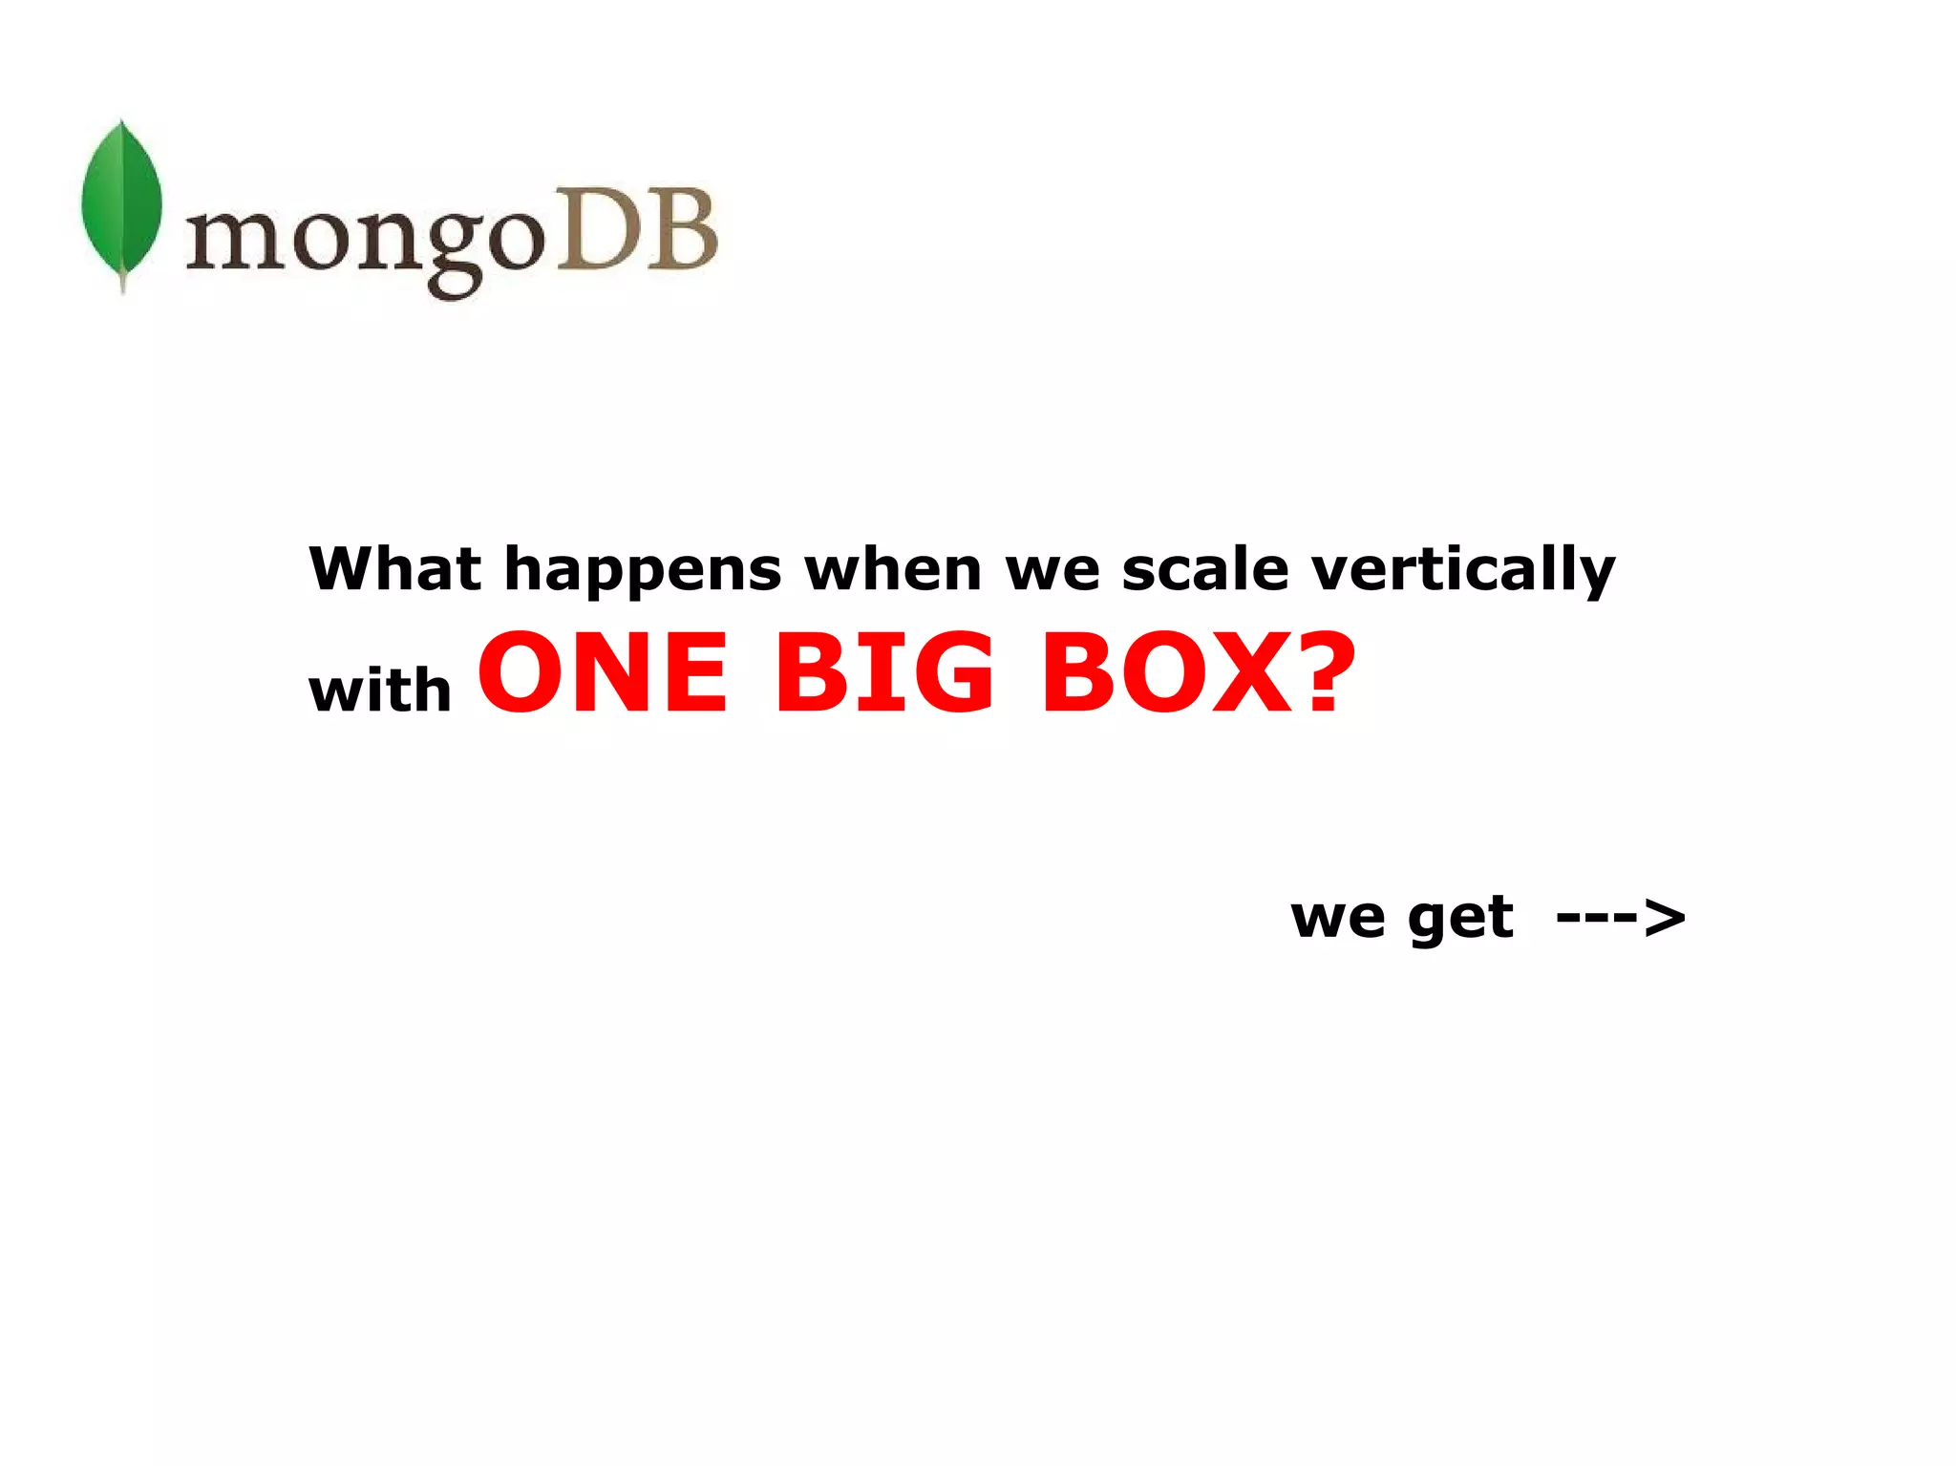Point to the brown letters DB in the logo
636,229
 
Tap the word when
893,569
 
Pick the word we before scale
1052,571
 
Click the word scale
1205,569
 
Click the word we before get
1337,919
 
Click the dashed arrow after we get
1621,919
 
